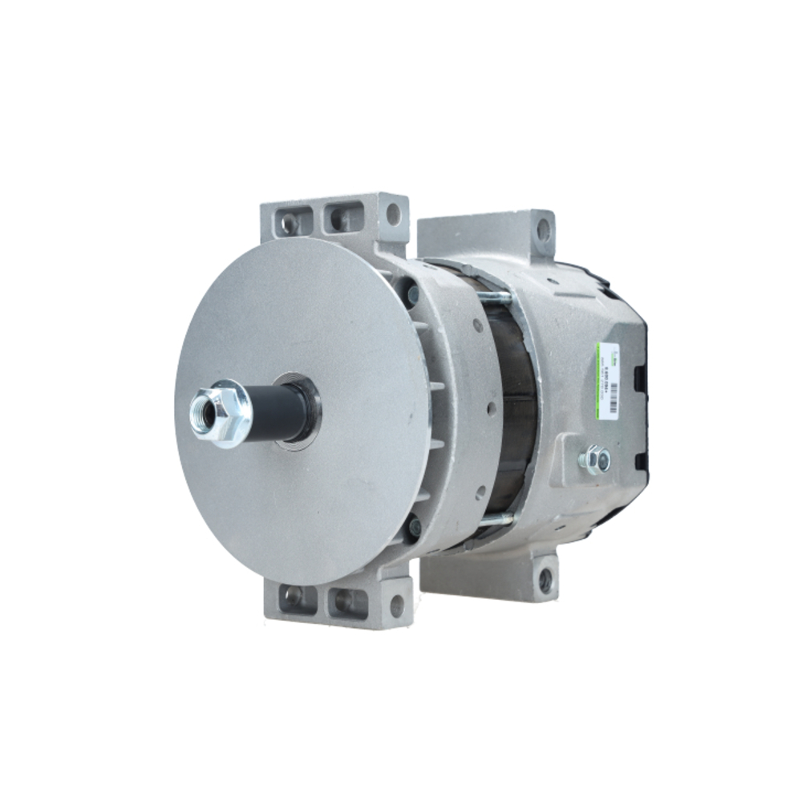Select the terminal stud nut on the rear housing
(594, 460)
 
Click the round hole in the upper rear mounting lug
(543, 230)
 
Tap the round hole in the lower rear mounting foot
(545, 581)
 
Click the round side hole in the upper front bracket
(393, 214)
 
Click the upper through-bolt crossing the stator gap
(497, 298)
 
